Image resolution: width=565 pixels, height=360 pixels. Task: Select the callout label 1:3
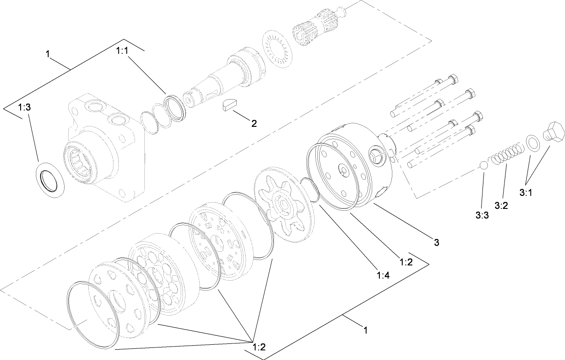tap(24, 107)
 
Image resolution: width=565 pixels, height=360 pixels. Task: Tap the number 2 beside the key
tap(254, 124)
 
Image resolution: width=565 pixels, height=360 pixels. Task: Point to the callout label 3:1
tap(526, 192)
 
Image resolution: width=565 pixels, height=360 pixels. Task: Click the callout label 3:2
tap(501, 205)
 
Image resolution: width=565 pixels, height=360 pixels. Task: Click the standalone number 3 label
tap(436, 243)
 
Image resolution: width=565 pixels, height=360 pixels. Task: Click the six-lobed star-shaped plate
tap(284, 206)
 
